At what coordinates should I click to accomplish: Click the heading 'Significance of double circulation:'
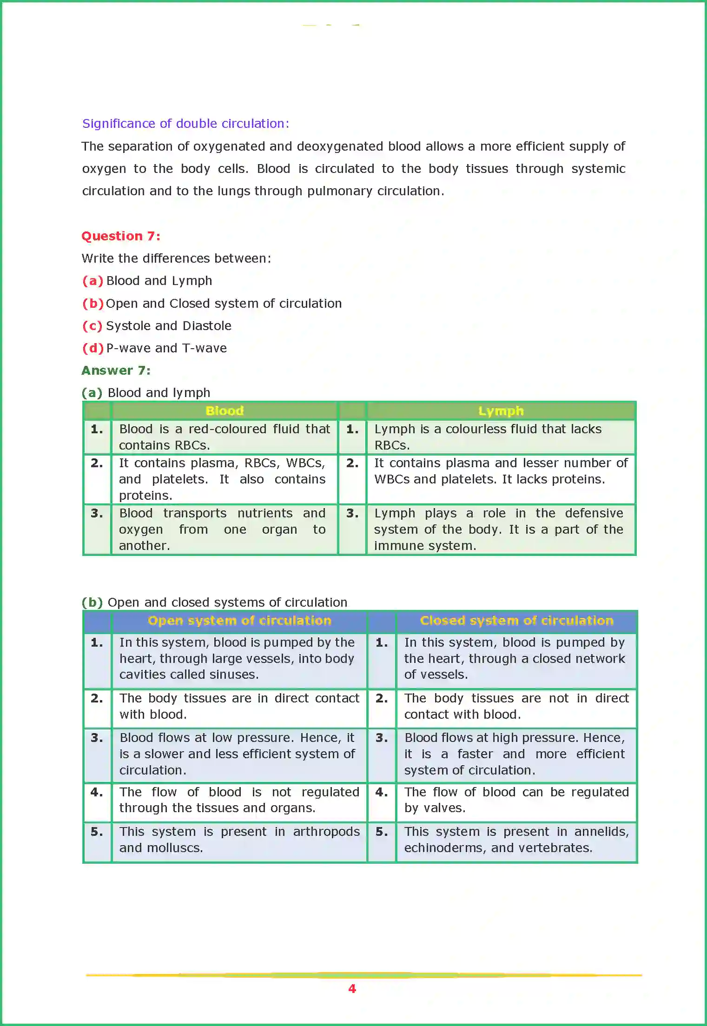tap(185, 124)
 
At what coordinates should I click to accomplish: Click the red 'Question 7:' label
tap(121, 236)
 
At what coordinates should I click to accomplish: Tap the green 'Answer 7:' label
tap(116, 371)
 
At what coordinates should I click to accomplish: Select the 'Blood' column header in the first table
tap(225, 411)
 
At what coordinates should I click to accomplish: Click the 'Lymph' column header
tap(501, 411)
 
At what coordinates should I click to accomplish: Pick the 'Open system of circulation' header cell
tap(239, 621)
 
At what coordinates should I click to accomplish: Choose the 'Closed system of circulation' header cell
tap(516, 621)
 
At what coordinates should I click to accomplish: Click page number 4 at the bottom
tap(352, 989)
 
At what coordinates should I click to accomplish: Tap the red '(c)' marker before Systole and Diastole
tap(92, 326)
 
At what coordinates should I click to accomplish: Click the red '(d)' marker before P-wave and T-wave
tap(93, 348)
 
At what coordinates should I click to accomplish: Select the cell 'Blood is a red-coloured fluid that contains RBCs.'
tap(225, 437)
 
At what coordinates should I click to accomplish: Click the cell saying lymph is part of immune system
tap(498, 530)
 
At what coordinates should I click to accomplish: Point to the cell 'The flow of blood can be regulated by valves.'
tap(516, 800)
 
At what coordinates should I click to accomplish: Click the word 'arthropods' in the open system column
tap(326, 832)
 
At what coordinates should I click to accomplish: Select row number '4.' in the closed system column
tap(382, 792)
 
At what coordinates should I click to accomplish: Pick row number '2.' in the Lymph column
tap(352, 463)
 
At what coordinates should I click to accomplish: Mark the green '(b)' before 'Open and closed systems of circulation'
tap(92, 602)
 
